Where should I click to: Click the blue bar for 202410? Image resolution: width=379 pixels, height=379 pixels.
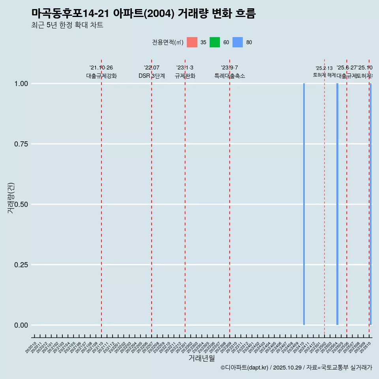304,204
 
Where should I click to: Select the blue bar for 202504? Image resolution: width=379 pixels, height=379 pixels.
337,204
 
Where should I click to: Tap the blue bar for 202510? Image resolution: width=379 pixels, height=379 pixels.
370,204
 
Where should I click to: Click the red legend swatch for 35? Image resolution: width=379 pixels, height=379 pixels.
192,42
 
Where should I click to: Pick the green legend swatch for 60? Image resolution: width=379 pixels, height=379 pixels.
215,42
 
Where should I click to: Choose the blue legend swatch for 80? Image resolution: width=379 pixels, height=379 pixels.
238,42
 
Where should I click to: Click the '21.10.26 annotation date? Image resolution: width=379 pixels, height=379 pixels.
101,68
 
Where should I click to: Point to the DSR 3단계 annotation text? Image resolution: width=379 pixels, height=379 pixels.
152,76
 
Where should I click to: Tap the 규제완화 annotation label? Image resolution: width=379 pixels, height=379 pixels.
185,76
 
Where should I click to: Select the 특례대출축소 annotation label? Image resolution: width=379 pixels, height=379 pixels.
230,76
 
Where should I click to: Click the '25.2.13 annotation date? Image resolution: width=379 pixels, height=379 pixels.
324,68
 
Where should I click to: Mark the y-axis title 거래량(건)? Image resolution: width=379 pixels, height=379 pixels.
11,198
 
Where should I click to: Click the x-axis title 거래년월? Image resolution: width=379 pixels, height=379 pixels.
201,358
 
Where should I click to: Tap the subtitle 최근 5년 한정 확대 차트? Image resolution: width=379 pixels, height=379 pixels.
67,25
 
